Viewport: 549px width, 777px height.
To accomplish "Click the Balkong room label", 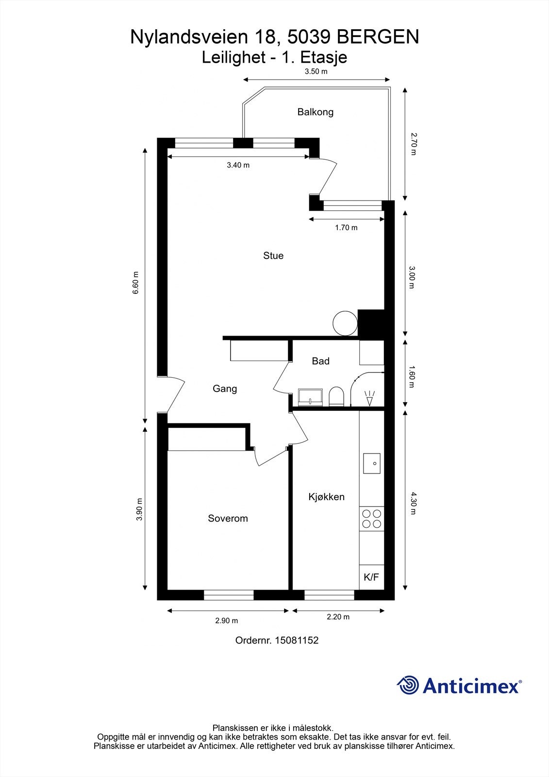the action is [x=315, y=112].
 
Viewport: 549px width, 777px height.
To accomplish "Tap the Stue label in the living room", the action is [x=273, y=255].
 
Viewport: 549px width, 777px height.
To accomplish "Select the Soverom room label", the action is [x=228, y=518].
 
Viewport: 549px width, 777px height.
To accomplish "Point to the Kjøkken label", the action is [x=326, y=497].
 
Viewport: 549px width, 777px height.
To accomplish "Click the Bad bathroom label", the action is [x=320, y=361].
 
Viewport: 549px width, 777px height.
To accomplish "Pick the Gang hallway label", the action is [x=225, y=388].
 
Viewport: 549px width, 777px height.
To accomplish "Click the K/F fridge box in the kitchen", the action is [x=371, y=577].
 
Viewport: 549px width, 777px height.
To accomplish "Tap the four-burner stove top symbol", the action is [x=371, y=519].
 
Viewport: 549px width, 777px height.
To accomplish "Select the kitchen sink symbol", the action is [x=372, y=463].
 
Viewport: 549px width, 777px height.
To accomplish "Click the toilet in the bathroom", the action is [x=336, y=396].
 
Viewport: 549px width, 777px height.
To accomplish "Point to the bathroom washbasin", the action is [x=310, y=397].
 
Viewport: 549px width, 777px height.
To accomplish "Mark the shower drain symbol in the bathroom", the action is [x=370, y=398].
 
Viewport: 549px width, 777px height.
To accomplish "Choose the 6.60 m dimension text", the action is [x=135, y=283].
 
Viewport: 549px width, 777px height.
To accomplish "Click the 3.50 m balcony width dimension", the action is [x=316, y=71].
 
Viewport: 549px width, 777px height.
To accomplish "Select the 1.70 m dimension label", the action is [x=346, y=228].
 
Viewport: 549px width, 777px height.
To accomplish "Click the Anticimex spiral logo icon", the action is [x=408, y=685].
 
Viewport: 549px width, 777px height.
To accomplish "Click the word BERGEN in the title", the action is [x=378, y=37].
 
